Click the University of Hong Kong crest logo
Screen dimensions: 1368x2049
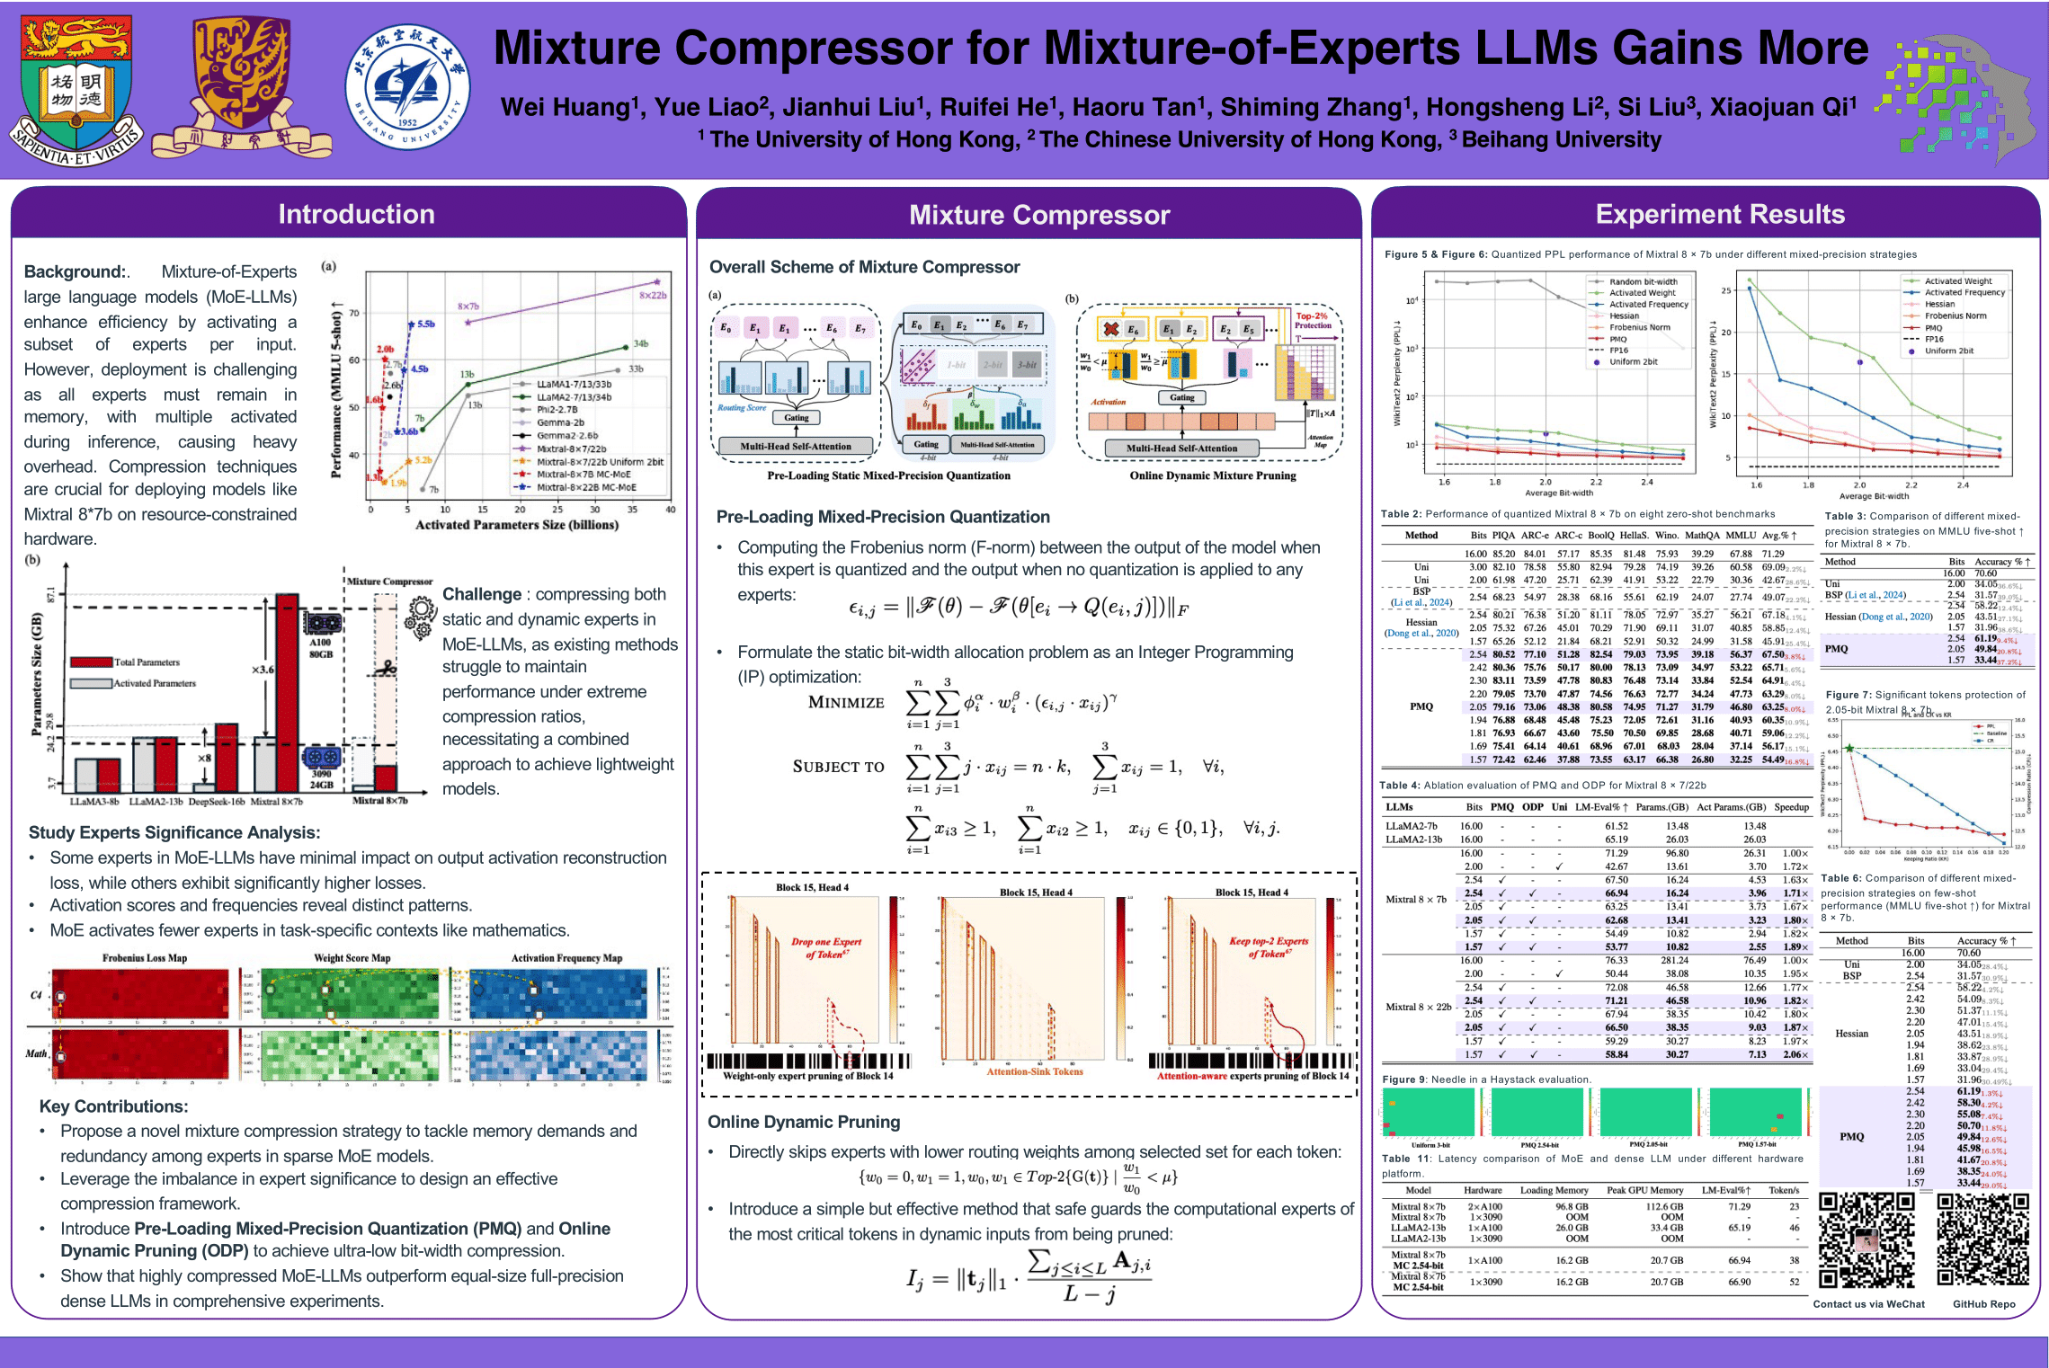coord(76,90)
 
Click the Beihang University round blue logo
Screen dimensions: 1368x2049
coord(407,88)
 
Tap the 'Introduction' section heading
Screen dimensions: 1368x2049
coord(356,214)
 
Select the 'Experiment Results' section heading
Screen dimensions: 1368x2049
coord(1719,214)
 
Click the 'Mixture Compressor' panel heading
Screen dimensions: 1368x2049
coord(1038,215)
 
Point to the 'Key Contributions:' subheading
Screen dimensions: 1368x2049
coord(113,1106)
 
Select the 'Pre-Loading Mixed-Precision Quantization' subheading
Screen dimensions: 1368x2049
coord(882,517)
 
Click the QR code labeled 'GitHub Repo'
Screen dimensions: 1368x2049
coord(1982,1239)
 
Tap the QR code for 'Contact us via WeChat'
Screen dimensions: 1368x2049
coord(1867,1239)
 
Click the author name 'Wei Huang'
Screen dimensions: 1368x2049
coord(565,108)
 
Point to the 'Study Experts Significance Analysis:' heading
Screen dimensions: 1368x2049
coord(174,832)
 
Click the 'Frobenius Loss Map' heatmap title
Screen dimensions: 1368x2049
coord(144,958)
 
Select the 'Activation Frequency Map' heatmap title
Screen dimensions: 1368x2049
coord(566,958)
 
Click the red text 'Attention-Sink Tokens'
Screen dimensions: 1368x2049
coord(1034,1071)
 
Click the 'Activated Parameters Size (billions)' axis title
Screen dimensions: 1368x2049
coord(516,525)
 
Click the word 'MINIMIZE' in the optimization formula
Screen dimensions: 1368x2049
coord(845,702)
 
